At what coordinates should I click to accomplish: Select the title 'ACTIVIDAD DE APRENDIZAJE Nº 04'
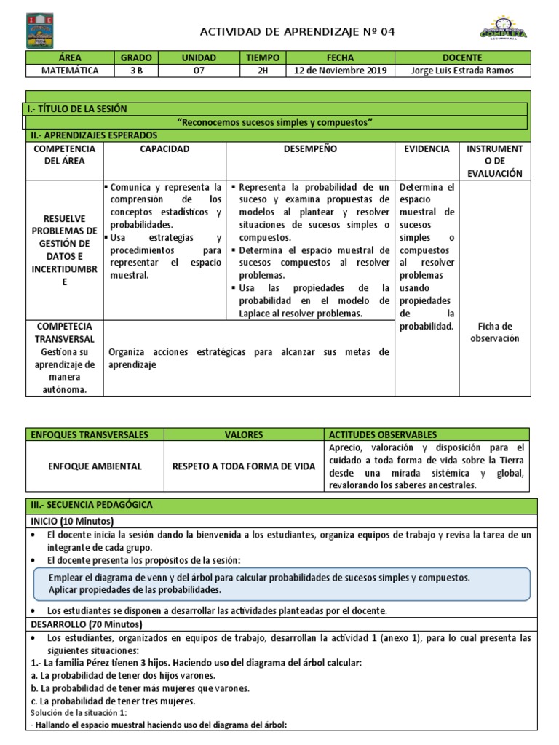[x=298, y=31]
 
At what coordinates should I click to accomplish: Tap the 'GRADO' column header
[x=135, y=57]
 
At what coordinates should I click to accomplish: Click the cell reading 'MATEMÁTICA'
[x=70, y=71]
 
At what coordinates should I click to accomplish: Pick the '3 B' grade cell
[x=135, y=71]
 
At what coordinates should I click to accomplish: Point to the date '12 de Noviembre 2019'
[x=341, y=71]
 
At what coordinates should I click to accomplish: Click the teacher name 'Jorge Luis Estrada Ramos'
[x=462, y=71]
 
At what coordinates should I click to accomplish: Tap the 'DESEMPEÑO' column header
[x=310, y=148]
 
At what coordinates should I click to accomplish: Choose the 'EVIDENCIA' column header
[x=427, y=148]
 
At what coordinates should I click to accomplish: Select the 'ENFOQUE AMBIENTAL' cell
[x=95, y=466]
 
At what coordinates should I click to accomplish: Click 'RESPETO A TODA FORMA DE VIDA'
[x=244, y=466]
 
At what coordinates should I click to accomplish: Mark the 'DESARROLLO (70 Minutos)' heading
[x=87, y=624]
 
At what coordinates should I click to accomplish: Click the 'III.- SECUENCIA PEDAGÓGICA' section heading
[x=92, y=505]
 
